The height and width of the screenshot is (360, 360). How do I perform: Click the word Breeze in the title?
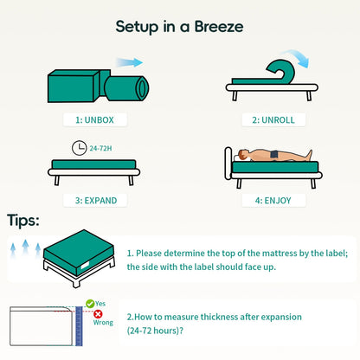(219, 27)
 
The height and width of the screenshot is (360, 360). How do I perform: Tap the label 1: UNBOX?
(94, 120)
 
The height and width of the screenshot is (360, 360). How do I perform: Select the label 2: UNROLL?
(273, 120)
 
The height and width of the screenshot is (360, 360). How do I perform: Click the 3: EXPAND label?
(96, 201)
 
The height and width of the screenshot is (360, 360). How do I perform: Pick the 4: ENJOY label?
(273, 201)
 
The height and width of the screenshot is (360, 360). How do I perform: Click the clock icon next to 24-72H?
(79, 148)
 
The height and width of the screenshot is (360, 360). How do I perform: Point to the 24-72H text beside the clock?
(100, 148)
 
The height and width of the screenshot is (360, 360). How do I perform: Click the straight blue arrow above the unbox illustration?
(129, 62)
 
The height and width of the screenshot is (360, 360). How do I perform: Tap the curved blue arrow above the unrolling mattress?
(298, 56)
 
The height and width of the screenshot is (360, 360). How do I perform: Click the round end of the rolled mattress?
(142, 88)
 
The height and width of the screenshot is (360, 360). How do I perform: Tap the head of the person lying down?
(243, 155)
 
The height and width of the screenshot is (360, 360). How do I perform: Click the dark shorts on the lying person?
(274, 154)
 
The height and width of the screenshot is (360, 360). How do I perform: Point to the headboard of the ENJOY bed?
(228, 164)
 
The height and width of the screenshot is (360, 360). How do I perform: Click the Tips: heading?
(23, 221)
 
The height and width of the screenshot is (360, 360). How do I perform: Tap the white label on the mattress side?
(85, 265)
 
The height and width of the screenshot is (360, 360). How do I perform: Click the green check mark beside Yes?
(90, 304)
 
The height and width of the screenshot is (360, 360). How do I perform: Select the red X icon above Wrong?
(98, 314)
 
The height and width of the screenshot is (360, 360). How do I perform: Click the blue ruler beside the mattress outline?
(79, 326)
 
